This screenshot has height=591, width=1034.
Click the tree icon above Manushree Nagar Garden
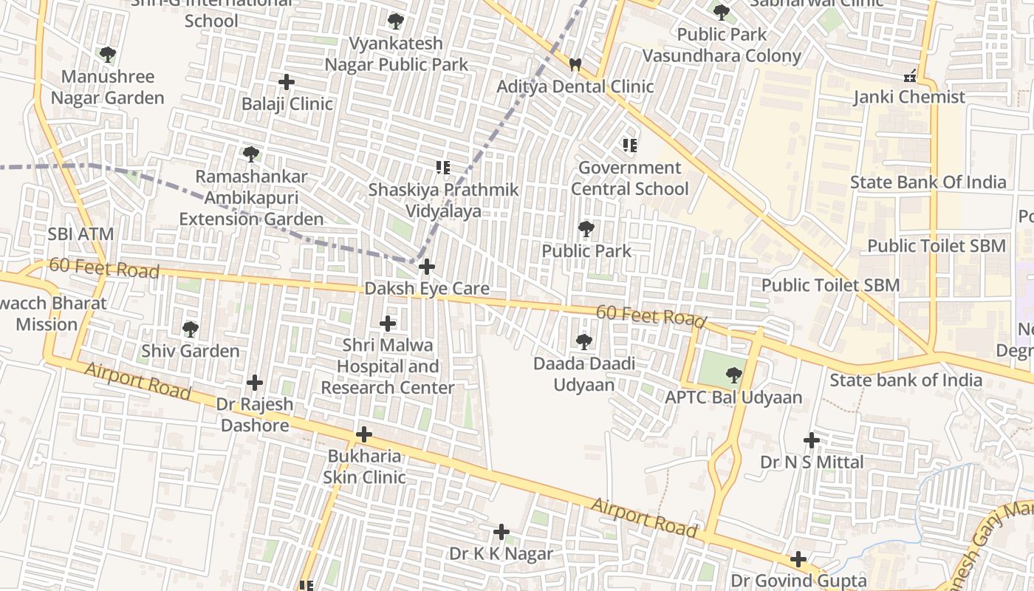click(108, 54)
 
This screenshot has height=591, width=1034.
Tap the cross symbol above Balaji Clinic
click(287, 81)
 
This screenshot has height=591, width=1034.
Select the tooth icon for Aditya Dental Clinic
click(575, 64)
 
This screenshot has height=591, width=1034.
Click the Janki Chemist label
click(909, 97)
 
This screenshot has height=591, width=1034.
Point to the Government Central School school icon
click(629, 145)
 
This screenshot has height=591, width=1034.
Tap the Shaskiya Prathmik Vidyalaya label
click(444, 200)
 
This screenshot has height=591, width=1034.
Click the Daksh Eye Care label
click(427, 288)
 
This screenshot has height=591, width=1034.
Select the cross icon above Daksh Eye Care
click(427, 266)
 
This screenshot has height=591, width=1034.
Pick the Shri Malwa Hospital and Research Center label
click(388, 366)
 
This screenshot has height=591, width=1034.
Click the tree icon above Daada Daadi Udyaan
click(584, 341)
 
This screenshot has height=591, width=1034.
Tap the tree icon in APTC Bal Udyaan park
click(733, 375)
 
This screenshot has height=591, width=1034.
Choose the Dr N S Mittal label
click(812, 462)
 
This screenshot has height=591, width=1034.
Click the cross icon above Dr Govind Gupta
click(798, 558)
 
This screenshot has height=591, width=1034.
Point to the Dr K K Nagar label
click(501, 553)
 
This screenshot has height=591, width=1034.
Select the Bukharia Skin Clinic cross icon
click(363, 434)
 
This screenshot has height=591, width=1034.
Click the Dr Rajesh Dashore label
click(255, 415)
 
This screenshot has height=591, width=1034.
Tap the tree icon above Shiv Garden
click(191, 329)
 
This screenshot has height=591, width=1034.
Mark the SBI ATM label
click(81, 234)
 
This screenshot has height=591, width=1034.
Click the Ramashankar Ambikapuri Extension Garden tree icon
click(251, 154)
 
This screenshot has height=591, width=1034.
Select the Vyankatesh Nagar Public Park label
click(397, 54)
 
